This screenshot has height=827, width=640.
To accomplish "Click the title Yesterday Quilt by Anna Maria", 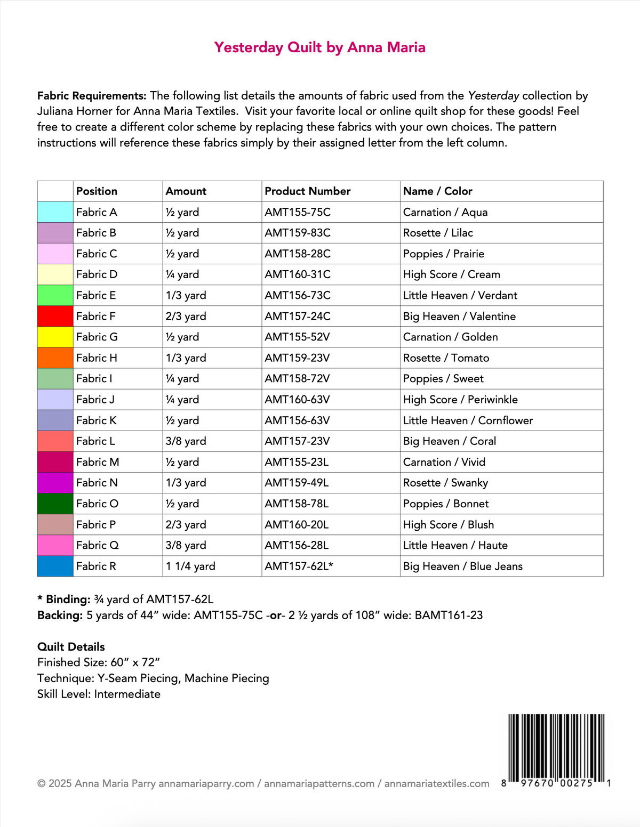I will tap(319, 47).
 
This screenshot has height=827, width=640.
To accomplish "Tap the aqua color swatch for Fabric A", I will tap(55, 212).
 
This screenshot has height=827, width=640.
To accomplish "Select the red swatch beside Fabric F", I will tap(55, 316).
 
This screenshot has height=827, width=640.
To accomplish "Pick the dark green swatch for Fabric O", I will tap(55, 504).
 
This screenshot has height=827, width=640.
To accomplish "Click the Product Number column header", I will tap(307, 191).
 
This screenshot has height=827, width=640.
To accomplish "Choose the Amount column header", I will tap(186, 191).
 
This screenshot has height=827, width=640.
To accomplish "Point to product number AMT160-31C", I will tap(297, 274).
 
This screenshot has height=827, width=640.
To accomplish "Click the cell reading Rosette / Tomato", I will tap(446, 358).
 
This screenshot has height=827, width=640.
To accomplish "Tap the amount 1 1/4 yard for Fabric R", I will tap(190, 566).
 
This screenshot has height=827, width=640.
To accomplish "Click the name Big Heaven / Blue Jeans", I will tap(462, 566).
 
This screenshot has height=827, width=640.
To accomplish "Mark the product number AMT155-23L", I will tap(297, 462).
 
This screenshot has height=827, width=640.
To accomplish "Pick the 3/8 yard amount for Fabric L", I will tap(186, 441).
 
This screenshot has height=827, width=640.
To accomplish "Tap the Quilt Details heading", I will tap(71, 647).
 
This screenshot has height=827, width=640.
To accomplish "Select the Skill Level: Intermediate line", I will tap(99, 694).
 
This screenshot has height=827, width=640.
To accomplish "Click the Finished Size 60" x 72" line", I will tap(99, 662).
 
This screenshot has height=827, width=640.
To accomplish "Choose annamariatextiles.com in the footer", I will tap(437, 784).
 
